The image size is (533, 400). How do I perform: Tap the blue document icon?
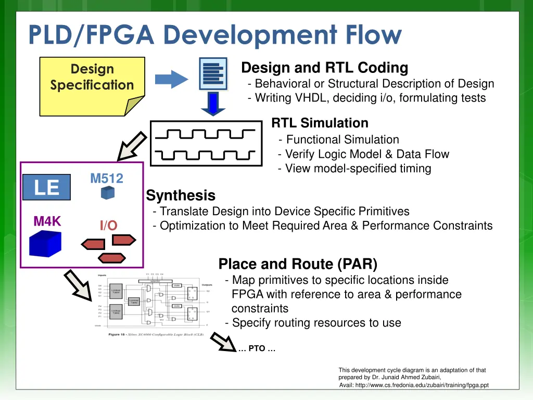click(x=213, y=73)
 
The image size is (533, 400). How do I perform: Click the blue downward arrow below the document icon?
click(x=213, y=104)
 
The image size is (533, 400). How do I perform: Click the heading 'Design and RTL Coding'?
click(x=325, y=68)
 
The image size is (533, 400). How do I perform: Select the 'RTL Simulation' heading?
click(x=320, y=123)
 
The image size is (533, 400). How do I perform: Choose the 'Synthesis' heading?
click(x=181, y=196)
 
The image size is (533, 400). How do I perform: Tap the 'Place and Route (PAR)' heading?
click(x=298, y=264)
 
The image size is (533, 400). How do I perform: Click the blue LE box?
click(x=46, y=187)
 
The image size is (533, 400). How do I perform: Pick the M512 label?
click(x=107, y=179)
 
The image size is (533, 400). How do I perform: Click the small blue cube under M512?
click(x=107, y=193)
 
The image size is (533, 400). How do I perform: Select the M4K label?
click(x=47, y=221)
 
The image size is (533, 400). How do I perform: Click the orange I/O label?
click(x=109, y=226)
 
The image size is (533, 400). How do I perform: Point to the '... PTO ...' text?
click(x=257, y=349)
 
